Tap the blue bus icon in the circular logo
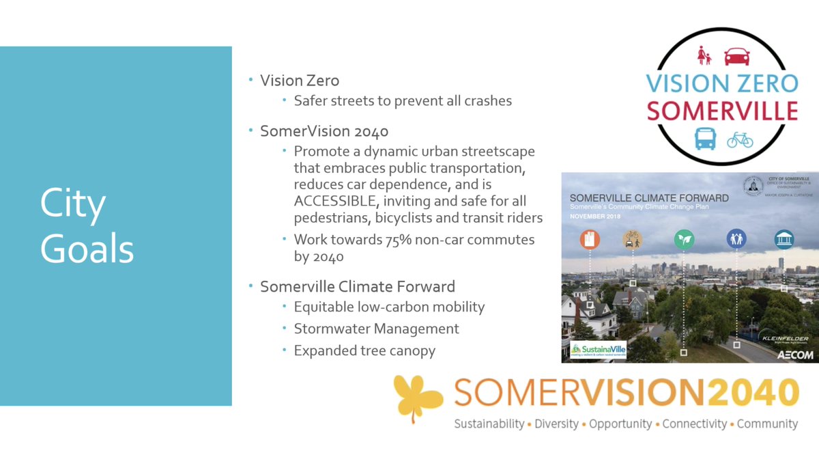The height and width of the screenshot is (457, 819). pos(705,137)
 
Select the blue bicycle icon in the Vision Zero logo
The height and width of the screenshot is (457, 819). pos(740,139)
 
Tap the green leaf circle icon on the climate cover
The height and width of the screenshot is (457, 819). pos(683,239)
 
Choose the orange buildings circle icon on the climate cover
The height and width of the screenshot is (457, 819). pos(589,239)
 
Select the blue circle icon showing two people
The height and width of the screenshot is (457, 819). pos(736,239)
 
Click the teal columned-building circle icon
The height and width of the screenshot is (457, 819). pos(784,239)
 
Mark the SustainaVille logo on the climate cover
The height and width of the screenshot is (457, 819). pos(599,351)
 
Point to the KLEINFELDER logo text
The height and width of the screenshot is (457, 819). pos(785,339)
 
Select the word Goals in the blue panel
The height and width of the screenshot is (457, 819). pos(87,249)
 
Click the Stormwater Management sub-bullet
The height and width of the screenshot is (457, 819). pos(376,329)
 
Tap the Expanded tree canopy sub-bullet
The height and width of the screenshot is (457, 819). pos(364,350)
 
